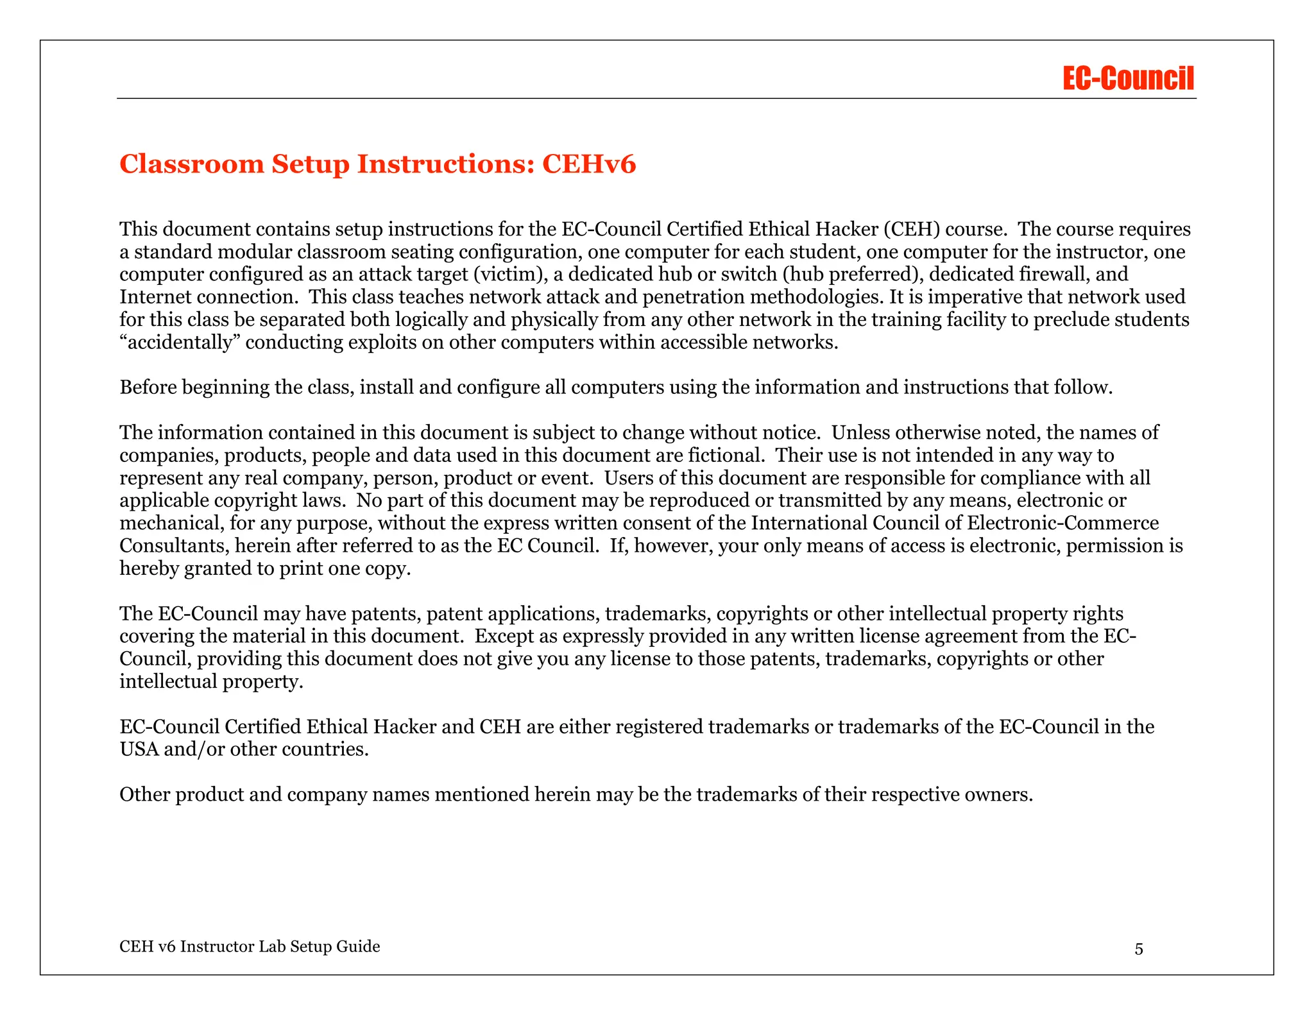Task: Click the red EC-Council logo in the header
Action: [x=1127, y=78]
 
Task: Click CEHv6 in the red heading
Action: [x=588, y=164]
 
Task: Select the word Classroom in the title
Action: [x=192, y=164]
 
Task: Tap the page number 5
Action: [x=1139, y=949]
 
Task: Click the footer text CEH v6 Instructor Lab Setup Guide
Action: [x=250, y=946]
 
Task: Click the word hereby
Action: [x=149, y=569]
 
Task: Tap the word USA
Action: [x=139, y=749]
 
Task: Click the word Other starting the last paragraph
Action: [x=144, y=795]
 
